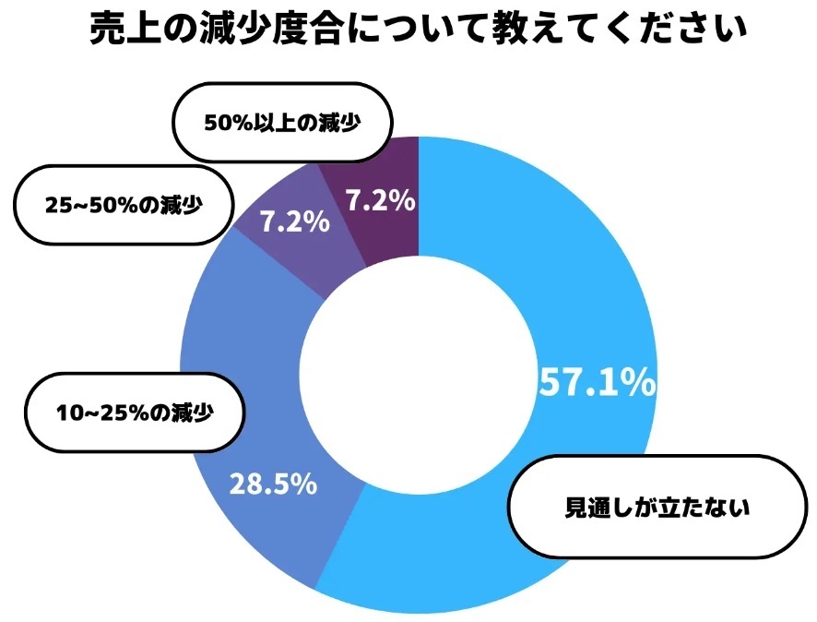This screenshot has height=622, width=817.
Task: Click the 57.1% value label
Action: [596, 382]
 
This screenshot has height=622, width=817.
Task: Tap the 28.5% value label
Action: [273, 484]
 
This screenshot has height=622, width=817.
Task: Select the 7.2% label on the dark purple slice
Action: [378, 200]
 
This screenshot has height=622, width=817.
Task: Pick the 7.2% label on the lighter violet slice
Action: [293, 222]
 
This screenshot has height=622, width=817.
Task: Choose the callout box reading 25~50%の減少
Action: [123, 204]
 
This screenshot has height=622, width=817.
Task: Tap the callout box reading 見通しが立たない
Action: [658, 507]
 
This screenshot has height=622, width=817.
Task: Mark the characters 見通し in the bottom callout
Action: [598, 508]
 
